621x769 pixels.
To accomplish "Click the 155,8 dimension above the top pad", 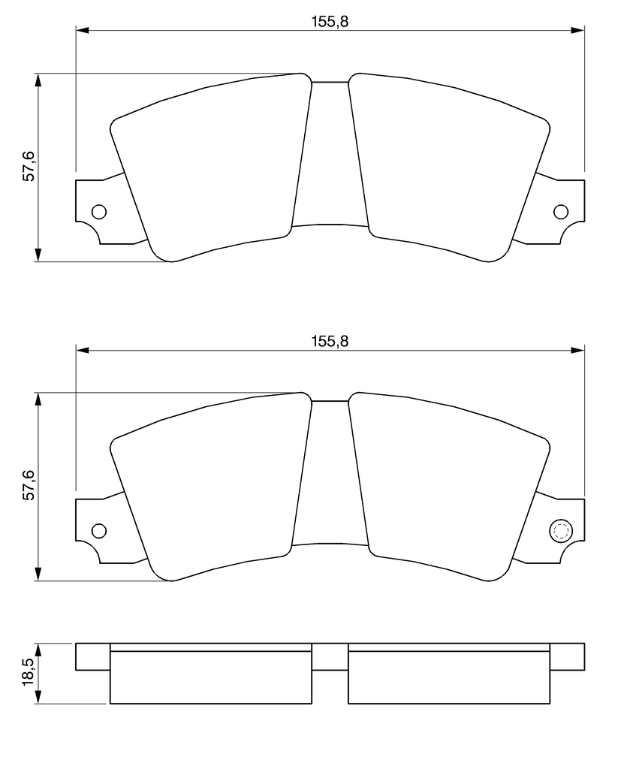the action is [x=330, y=22].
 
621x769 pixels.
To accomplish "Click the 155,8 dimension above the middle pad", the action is [x=330, y=341].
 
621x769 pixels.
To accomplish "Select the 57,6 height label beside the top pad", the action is [x=29, y=167].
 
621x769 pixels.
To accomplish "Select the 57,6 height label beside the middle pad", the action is [x=29, y=486].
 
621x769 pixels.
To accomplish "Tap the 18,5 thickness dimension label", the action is [x=29, y=672].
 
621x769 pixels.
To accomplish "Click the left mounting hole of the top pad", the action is [x=99, y=212].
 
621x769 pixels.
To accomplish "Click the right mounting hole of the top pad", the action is [x=561, y=212].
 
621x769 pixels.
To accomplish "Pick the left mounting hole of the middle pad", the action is [x=99, y=531].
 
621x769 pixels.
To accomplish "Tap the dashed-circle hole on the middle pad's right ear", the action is [x=561, y=531].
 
